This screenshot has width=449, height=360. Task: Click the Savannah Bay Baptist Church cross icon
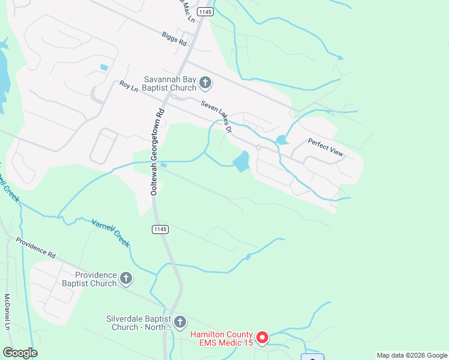[205, 82]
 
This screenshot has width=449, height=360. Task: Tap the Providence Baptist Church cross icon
[126, 278]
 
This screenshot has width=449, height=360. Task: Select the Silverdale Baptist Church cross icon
[180, 322]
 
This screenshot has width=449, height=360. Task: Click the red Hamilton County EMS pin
[262, 338]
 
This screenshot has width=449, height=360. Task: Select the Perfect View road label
[326, 148]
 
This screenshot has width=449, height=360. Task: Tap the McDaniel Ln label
[8, 312]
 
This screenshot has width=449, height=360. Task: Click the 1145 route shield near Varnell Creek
[160, 229]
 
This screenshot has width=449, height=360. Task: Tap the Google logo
[20, 353]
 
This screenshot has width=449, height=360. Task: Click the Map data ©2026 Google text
[412, 355]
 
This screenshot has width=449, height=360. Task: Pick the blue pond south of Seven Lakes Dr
[241, 161]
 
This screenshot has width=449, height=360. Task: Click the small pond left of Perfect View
[281, 140]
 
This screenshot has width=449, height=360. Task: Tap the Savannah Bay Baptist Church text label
[170, 83]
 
